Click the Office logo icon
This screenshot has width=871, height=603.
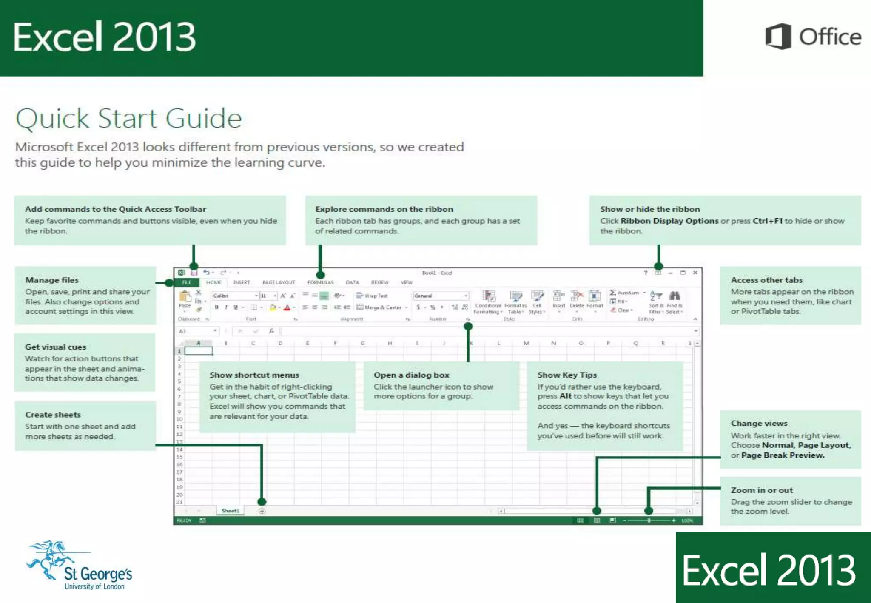click(x=778, y=37)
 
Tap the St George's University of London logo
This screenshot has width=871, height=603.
click(x=79, y=566)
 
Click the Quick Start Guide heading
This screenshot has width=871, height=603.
click(x=128, y=118)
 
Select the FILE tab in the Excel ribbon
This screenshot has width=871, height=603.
click(x=187, y=282)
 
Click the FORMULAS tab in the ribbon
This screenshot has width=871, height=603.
click(x=320, y=282)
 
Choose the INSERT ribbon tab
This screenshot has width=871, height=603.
click(x=241, y=282)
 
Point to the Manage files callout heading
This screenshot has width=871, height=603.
click(x=52, y=280)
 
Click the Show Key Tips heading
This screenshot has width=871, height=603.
click(x=567, y=375)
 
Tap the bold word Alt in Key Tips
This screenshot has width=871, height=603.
click(x=565, y=396)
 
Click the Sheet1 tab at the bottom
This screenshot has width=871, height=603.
click(x=230, y=511)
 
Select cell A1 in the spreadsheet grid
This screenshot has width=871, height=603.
click(x=198, y=351)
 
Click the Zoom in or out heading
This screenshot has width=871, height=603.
click(x=761, y=490)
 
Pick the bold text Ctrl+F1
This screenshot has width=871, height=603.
click(x=767, y=221)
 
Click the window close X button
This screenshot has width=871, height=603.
click(x=695, y=273)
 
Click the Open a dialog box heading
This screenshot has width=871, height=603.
click(x=411, y=375)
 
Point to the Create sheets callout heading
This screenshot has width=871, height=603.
click(x=53, y=414)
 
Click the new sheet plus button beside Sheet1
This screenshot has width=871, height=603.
click(x=262, y=511)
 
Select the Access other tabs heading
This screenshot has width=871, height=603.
click(x=766, y=280)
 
